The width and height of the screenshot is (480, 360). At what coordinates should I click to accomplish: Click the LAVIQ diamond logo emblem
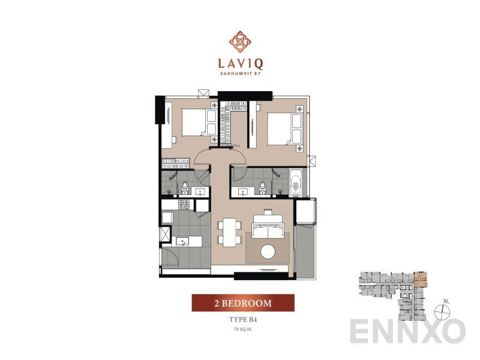coord(240,40)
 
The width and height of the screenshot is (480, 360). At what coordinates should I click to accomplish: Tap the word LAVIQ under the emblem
coord(240,62)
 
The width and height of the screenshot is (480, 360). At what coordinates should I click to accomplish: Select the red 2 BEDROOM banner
coord(243,304)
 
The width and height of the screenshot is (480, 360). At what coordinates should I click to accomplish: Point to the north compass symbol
coord(443,310)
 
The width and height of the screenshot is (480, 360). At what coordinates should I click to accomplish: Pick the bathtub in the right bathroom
coord(297,182)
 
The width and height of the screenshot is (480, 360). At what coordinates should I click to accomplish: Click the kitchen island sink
coord(183,242)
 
